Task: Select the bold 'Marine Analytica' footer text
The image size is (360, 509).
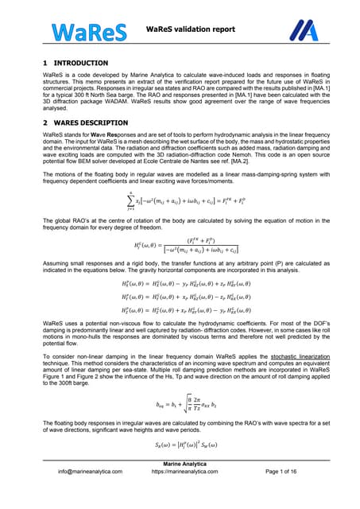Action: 180,485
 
